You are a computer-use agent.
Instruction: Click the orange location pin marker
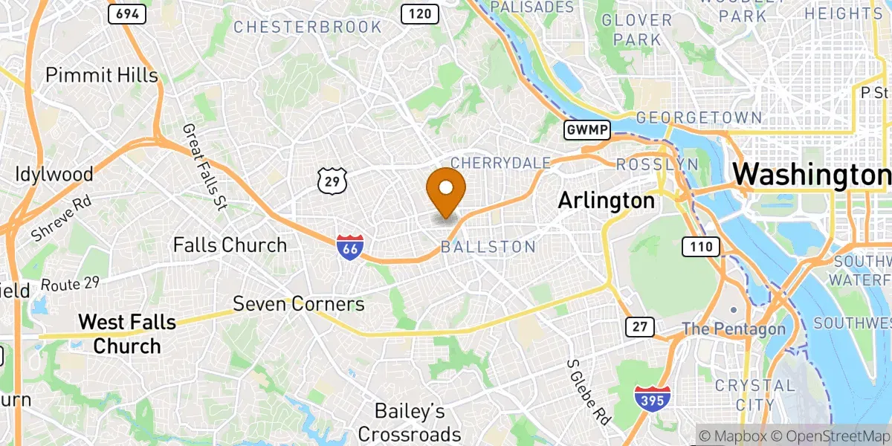pyautogui.click(x=446, y=190)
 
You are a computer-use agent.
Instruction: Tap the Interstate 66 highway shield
pyautogui.click(x=349, y=248)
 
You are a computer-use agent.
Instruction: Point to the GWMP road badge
pyautogui.click(x=587, y=131)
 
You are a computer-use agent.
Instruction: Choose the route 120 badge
pyautogui.click(x=419, y=13)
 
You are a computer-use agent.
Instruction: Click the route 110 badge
pyautogui.click(x=701, y=247)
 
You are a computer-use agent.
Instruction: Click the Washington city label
pyautogui.click(x=811, y=175)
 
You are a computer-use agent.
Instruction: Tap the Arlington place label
pyautogui.click(x=606, y=201)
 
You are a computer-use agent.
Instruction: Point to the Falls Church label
pyautogui.click(x=230, y=245)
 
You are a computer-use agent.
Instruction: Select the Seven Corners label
pyautogui.click(x=299, y=304)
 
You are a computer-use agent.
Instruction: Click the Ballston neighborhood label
pyautogui.click(x=488, y=247)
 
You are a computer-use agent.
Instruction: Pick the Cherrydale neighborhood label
pyautogui.click(x=500, y=163)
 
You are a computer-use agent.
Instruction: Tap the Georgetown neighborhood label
pyautogui.click(x=699, y=118)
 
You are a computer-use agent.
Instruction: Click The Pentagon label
pyautogui.click(x=733, y=329)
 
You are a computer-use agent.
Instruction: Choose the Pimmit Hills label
pyautogui.click(x=102, y=75)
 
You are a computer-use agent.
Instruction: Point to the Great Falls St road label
pyautogui.click(x=204, y=167)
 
